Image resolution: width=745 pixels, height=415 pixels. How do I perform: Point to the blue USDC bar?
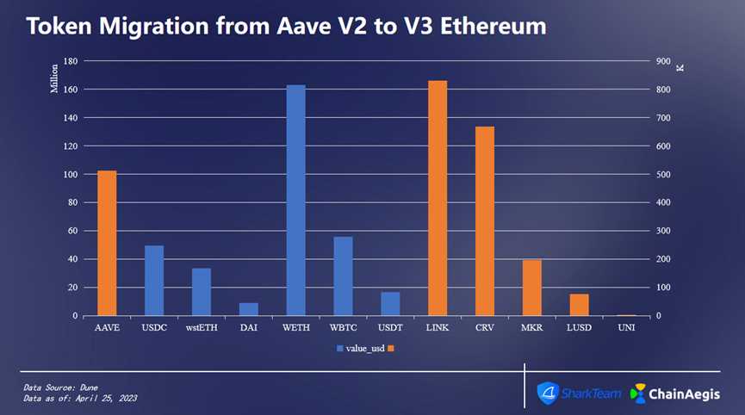tap(154, 281)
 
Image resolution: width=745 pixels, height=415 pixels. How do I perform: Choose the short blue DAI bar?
tap(248, 309)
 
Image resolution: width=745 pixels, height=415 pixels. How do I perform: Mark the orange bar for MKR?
tap(531, 288)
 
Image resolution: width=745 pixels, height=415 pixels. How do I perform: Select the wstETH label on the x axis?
tap(201, 327)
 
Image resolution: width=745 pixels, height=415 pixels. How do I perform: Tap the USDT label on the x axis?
tap(389, 327)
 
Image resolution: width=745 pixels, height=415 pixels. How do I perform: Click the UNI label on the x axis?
tap(626, 327)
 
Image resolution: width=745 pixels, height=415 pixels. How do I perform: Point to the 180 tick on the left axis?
tap(71, 62)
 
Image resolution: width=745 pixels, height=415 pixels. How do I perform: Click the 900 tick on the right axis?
tap(662, 62)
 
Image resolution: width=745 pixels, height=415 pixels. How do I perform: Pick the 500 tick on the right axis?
tap(662, 175)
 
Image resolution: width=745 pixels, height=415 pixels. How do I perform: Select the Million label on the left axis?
tap(54, 77)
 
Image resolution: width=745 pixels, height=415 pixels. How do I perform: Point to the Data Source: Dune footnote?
tap(59, 388)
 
